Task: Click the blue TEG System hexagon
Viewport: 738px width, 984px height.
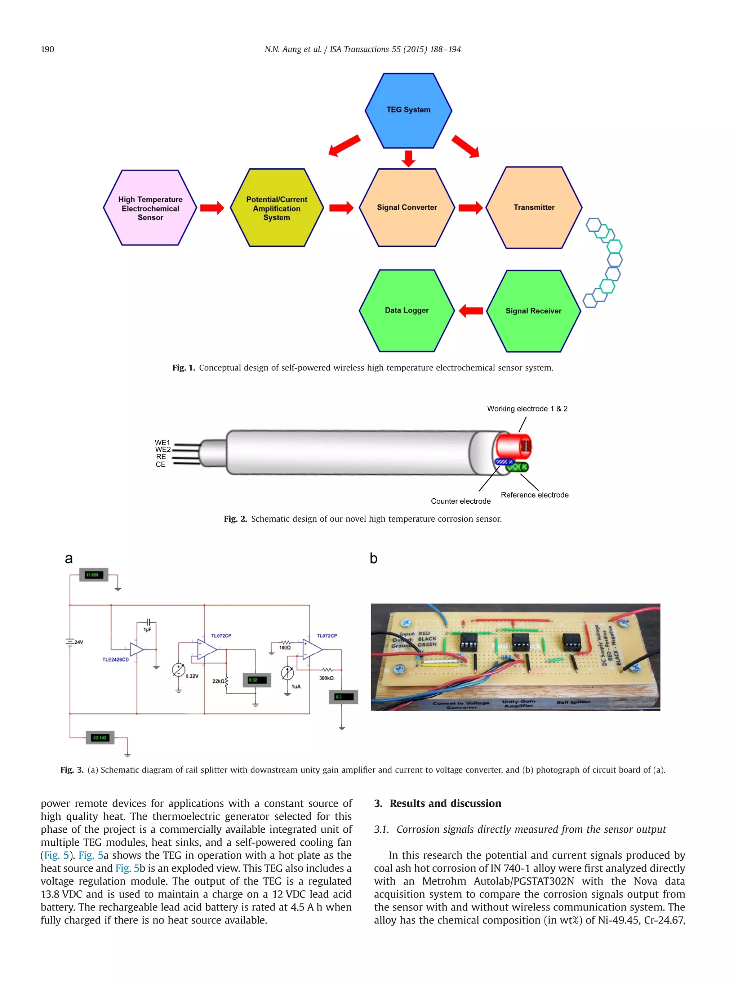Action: (x=408, y=110)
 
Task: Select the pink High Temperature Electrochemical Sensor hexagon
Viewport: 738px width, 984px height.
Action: (x=150, y=208)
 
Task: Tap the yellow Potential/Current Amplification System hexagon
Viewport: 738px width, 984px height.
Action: (x=276, y=208)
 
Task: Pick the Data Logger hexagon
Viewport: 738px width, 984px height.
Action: (x=406, y=310)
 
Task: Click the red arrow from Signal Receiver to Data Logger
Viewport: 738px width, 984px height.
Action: (x=471, y=310)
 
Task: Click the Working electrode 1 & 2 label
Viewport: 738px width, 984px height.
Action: (x=527, y=408)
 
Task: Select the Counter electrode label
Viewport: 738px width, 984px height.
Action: (x=461, y=501)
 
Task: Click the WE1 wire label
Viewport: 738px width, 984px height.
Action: (x=163, y=442)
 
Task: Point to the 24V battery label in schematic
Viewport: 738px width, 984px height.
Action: (x=79, y=642)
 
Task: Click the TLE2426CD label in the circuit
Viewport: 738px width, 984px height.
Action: (x=115, y=659)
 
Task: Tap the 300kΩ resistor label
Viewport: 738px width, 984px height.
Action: (x=326, y=678)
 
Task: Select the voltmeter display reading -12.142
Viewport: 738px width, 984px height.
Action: (x=100, y=738)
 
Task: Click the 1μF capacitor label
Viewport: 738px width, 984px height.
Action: (x=147, y=629)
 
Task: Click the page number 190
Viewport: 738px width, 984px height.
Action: (x=48, y=49)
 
